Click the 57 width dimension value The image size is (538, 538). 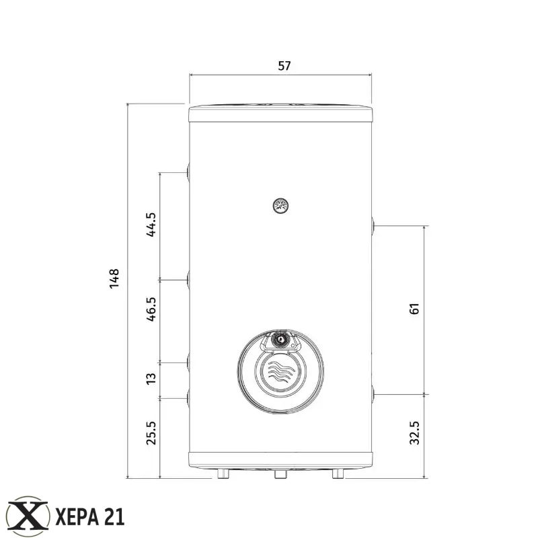284,65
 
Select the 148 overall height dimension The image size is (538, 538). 114,278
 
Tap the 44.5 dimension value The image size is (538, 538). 151,225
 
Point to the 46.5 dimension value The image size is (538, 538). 151,309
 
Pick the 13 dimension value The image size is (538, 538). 151,379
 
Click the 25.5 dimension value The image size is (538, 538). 151,433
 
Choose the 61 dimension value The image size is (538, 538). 414,309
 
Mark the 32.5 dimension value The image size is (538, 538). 414,433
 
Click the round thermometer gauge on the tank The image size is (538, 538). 280,206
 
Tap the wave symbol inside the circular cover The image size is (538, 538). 280,371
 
